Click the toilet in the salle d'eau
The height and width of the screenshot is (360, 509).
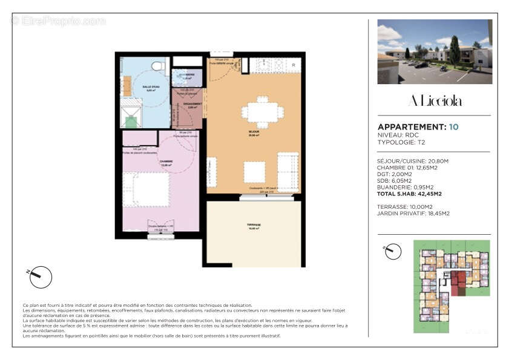point(158,65)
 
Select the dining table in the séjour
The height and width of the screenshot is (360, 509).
point(262,113)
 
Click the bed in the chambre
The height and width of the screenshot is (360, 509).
point(147,189)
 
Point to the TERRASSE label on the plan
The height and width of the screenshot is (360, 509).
point(253,224)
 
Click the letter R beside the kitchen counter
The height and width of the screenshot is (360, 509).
point(293,65)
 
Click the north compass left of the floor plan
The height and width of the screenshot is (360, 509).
point(41,277)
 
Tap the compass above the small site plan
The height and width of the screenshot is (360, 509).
point(393,251)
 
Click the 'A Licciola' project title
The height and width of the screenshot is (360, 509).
point(435,100)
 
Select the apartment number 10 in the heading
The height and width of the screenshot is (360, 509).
point(454,127)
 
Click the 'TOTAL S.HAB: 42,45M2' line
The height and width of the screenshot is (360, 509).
point(409,194)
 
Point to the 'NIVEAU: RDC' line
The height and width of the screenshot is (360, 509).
point(397,135)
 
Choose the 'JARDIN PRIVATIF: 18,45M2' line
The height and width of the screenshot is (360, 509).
point(413,214)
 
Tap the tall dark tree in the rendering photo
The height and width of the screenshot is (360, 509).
point(454,50)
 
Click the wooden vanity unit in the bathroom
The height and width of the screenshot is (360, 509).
point(127,86)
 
